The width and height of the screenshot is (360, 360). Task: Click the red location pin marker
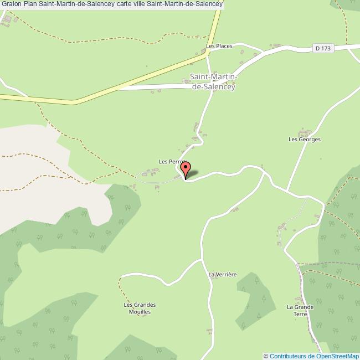(x=186, y=169)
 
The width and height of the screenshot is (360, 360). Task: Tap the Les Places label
(x=219, y=46)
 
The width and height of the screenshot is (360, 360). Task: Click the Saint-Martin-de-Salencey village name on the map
(x=213, y=81)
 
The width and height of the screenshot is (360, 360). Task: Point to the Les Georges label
(x=305, y=140)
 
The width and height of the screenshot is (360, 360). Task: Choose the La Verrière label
(x=222, y=274)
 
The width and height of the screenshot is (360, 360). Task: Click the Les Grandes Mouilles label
(x=140, y=308)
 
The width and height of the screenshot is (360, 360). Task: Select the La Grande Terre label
(x=300, y=310)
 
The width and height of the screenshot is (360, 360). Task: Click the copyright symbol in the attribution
(x=266, y=356)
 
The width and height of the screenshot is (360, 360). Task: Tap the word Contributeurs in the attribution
(x=289, y=356)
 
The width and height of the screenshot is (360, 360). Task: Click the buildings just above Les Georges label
(x=303, y=133)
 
